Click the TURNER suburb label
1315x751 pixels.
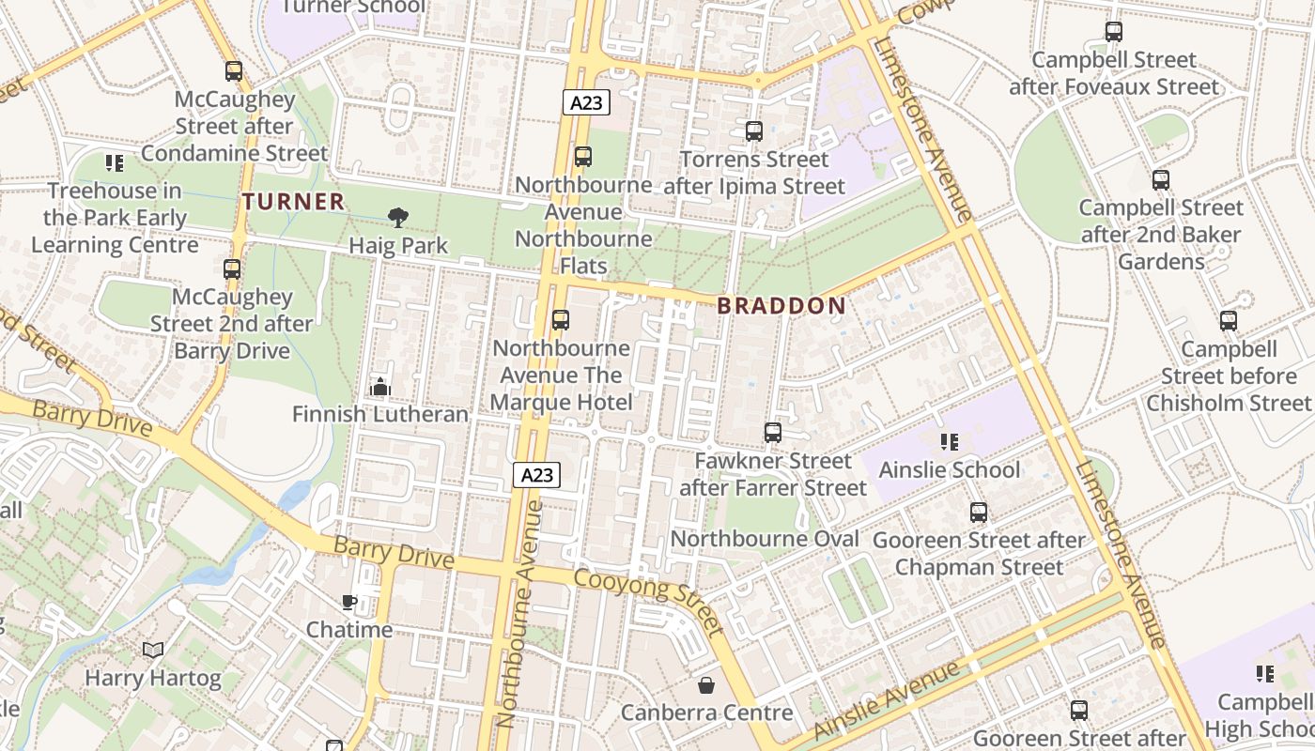[294, 201]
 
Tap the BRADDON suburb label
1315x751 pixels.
[781, 305]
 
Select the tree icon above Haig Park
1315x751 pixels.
[398, 218]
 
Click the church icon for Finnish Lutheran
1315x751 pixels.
[380, 386]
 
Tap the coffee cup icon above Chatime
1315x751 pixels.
[349, 602]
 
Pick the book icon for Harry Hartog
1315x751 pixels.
[153, 650]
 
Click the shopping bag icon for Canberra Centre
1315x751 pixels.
[706, 685]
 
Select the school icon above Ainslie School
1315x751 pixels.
[949, 441]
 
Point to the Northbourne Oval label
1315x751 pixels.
[765, 539]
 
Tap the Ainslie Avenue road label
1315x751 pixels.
[887, 699]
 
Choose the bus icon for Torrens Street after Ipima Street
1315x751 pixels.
[754, 131]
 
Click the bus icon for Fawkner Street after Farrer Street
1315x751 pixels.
[773, 433]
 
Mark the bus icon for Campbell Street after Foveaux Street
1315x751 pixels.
[1114, 32]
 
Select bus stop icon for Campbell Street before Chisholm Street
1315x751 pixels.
[1229, 321]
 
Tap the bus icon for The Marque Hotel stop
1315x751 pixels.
[561, 320]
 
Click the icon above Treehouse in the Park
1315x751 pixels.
[115, 163]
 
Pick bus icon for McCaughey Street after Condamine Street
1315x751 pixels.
[234, 71]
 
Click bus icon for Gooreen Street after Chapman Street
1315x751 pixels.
[979, 513]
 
